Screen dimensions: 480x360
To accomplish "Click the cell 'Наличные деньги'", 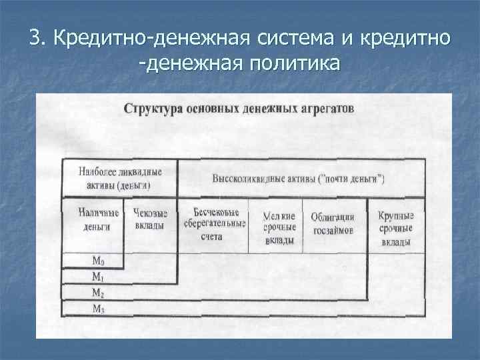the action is click(x=97, y=220).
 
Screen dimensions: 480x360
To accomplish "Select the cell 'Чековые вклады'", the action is click(x=151, y=220).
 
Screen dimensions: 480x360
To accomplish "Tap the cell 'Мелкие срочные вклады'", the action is click(x=279, y=227).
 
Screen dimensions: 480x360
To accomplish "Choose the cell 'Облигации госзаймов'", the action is click(x=332, y=223).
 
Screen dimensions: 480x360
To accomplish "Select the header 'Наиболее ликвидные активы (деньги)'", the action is click(x=120, y=178).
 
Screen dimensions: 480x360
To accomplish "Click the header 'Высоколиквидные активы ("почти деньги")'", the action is click(x=299, y=179).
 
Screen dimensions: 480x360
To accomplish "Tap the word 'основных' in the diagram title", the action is click(x=210, y=108).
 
